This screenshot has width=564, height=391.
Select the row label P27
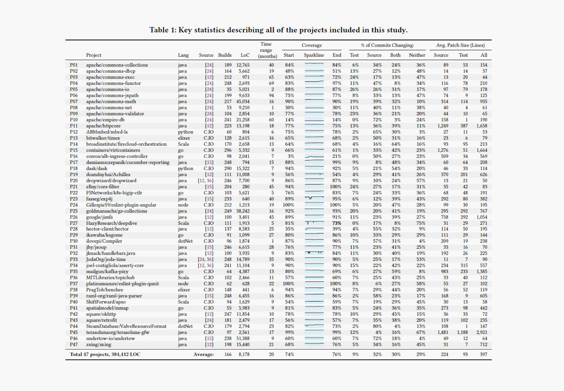(x=74, y=223)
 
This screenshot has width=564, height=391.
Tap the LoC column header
(x=245, y=55)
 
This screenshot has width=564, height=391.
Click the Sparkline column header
(x=314, y=55)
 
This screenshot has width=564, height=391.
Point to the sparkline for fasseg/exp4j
(x=314, y=198)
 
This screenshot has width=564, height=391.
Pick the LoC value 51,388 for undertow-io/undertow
(x=243, y=338)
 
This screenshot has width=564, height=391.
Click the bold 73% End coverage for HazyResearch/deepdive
(x=337, y=223)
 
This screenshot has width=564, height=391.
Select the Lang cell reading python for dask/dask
(x=185, y=168)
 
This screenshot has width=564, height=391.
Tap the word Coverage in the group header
(x=311, y=45)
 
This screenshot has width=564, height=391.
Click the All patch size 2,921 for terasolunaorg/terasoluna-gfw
(x=482, y=332)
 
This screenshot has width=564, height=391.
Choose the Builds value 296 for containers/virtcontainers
(x=228, y=150)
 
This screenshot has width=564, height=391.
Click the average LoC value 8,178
(x=244, y=354)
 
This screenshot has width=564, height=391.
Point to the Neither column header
(x=417, y=55)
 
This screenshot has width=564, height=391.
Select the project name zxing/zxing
(x=98, y=345)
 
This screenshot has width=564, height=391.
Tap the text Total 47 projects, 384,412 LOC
(x=105, y=354)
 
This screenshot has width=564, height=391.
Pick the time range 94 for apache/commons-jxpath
(x=271, y=96)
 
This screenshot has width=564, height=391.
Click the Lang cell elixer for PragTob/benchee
(x=184, y=290)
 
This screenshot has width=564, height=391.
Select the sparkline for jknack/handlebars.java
(x=314, y=253)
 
